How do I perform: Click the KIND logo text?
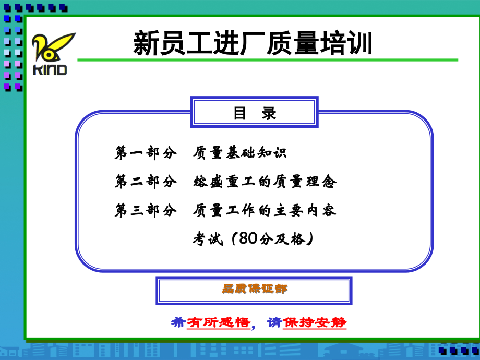coord(50,69)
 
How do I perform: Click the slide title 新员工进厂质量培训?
coord(253,43)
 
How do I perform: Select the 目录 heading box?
coord(255,113)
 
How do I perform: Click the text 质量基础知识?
coord(239,153)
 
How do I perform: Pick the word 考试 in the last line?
coord(208,239)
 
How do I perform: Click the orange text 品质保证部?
coord(254,289)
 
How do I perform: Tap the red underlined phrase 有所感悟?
coord(218,322)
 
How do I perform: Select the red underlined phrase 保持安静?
coord(315,322)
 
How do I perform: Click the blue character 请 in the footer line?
coord(274,322)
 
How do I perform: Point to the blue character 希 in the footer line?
coord(178,322)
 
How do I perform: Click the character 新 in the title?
coord(146,43)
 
